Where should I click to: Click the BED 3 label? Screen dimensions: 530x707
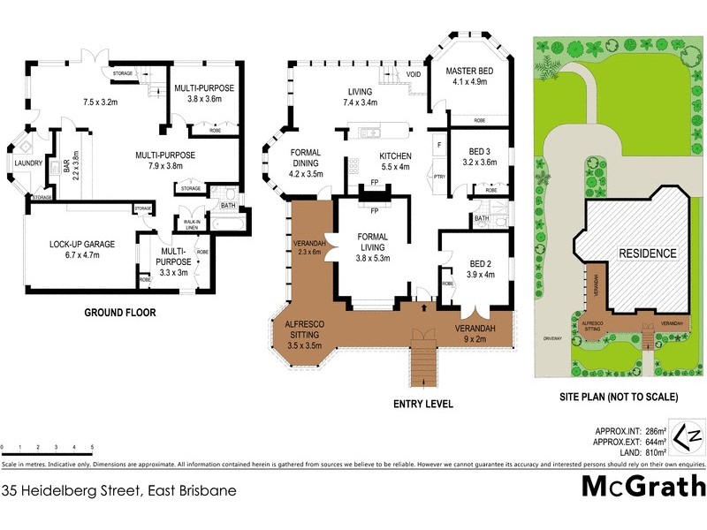point(476,155)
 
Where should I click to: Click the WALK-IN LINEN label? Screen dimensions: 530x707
point(191,225)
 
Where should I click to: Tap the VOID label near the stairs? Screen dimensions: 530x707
point(414,75)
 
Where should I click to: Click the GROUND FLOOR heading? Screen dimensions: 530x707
point(120,313)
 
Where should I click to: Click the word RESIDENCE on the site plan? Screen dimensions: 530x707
point(647,254)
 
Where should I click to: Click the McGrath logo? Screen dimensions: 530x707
point(642,487)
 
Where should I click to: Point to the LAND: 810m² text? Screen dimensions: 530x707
point(639,453)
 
